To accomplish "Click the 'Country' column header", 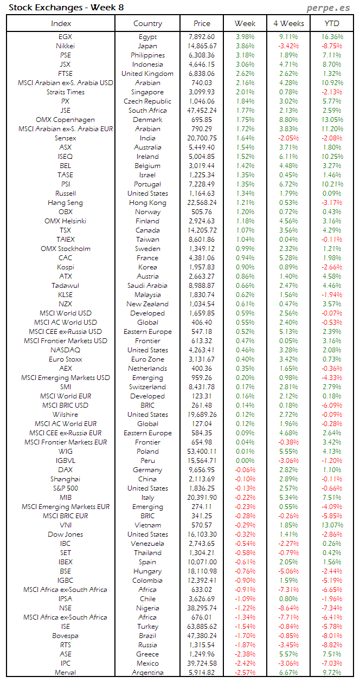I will pyautogui.click(x=147, y=23).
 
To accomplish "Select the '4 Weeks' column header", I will pyautogui.click(x=288, y=23).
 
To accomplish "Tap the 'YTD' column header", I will pyautogui.click(x=331, y=23).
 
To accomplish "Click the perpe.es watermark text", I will pyautogui.click(x=329, y=8).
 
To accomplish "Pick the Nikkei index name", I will pyautogui.click(x=65, y=46).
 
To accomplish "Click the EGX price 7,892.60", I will pyautogui.click(x=202, y=37).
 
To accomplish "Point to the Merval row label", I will pyautogui.click(x=65, y=673).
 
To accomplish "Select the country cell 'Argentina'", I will pyautogui.click(x=147, y=673).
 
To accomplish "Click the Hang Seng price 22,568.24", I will pyautogui.click(x=202, y=203).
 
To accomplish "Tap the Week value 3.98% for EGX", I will pyautogui.click(x=245, y=37).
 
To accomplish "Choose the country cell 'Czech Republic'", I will pyautogui.click(x=147, y=101).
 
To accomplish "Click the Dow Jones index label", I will pyautogui.click(x=65, y=534).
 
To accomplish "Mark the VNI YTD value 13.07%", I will pyautogui.click(x=331, y=525).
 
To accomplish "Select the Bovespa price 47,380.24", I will pyautogui.click(x=202, y=636).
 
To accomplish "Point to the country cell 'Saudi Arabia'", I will pyautogui.click(x=147, y=286).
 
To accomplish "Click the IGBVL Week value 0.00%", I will pyautogui.click(x=245, y=461).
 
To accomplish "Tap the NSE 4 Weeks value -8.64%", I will pyautogui.click(x=288, y=608).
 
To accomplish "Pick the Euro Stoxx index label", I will pyautogui.click(x=65, y=359).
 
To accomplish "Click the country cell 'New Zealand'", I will pyautogui.click(x=147, y=304).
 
